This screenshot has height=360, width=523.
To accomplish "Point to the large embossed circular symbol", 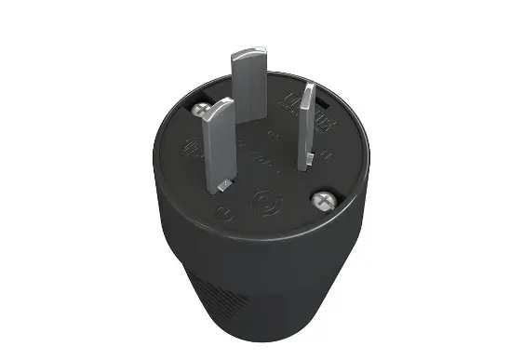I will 263,201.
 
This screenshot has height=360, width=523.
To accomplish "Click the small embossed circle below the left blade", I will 221,212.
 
